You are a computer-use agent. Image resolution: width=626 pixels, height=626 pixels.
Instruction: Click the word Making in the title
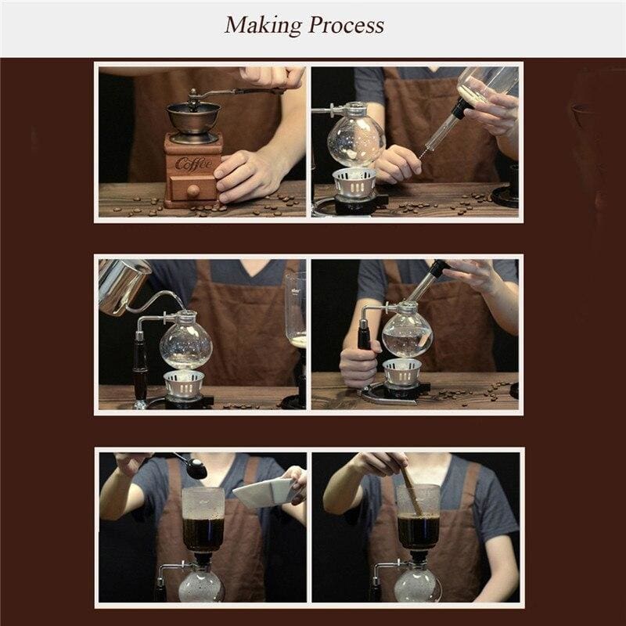[263, 26]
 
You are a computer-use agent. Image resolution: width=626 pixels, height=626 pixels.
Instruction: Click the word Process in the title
[346, 25]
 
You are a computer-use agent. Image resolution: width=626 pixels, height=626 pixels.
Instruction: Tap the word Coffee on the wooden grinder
[193, 164]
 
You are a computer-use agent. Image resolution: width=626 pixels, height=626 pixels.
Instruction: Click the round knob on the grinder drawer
[193, 190]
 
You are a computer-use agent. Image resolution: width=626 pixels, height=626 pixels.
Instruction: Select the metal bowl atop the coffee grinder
[193, 118]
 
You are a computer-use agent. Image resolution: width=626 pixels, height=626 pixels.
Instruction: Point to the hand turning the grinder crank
[272, 77]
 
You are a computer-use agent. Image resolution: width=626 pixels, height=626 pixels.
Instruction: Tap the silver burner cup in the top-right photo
[354, 182]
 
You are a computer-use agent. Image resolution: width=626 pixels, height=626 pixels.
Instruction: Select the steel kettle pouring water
[124, 284]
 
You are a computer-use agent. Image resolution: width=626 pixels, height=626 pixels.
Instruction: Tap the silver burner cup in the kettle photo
[184, 383]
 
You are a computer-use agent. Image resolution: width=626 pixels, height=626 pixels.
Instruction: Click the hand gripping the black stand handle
[358, 365]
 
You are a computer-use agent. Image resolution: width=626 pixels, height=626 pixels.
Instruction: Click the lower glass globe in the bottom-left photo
[201, 587]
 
